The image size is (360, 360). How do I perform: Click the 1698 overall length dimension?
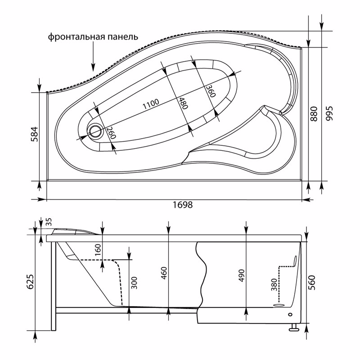tap(182, 205)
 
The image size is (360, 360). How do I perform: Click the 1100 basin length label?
tap(150, 104)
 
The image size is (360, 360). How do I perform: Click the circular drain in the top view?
tap(95, 131)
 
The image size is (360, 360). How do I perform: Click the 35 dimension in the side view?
tap(49, 222)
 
